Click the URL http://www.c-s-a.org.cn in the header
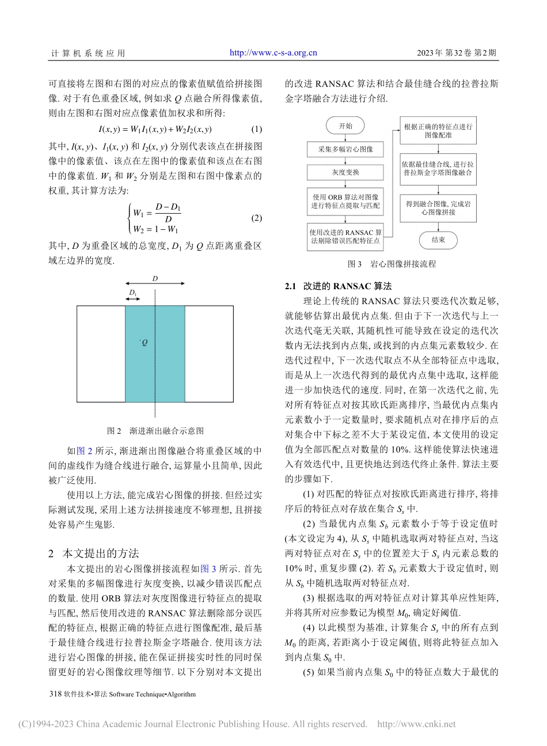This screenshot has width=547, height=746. tap(273, 53)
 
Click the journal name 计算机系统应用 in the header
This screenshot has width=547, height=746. tap(88, 54)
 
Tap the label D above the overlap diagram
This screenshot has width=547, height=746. tap(155, 279)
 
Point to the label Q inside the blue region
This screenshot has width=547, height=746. tap(145, 343)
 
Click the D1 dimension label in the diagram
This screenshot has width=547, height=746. tap(133, 293)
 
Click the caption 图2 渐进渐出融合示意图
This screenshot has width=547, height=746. tap(155, 431)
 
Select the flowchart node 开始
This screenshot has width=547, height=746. tap(345, 126)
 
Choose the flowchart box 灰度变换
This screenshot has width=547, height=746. tap(345, 172)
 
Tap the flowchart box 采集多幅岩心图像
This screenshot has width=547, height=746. tap(345, 149)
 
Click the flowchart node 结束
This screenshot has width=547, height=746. tap(438, 240)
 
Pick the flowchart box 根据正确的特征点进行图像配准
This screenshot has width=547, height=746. tap(438, 131)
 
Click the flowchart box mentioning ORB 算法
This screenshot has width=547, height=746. tap(345, 201)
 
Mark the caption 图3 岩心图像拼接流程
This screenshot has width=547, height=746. tap(392, 264)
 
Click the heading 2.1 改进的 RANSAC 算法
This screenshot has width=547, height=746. tap(338, 286)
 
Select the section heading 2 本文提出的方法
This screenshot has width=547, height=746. tap(95, 553)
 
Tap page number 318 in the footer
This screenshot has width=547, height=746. tap(56, 694)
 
